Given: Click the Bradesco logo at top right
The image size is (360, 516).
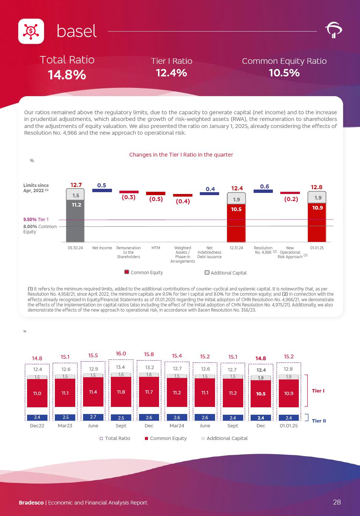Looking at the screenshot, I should pyautogui.click(x=333, y=30).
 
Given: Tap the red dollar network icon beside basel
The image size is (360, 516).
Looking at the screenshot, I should pyautogui.click(x=31, y=31).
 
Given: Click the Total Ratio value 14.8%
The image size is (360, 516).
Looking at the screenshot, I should pyautogui.click(x=67, y=75).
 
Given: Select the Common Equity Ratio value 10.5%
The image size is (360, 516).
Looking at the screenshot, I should pyautogui.click(x=284, y=73).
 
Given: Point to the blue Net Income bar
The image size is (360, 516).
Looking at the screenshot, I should pyautogui.click(x=102, y=190).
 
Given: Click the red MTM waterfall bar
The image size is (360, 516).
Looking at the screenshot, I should pyautogui.click(x=156, y=193).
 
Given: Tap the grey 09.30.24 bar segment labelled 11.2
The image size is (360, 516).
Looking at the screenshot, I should pyautogui.click(x=75, y=221).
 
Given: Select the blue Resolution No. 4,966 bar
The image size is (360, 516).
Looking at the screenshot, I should pyautogui.click(x=263, y=191).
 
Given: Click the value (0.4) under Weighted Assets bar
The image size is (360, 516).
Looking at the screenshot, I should pyautogui.click(x=182, y=201).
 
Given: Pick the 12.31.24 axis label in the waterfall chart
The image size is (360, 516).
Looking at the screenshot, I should pyautogui.click(x=236, y=248).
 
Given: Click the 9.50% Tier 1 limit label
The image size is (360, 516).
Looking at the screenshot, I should pyautogui.click(x=36, y=220).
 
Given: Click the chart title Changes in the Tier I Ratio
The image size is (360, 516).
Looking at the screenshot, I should pyautogui.click(x=181, y=155).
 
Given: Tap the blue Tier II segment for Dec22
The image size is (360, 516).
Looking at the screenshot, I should pyautogui.click(x=37, y=417).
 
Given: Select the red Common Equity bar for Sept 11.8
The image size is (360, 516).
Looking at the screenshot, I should pyautogui.click(x=121, y=392).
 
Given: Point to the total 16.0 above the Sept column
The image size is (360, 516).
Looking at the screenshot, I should pyautogui.click(x=121, y=354).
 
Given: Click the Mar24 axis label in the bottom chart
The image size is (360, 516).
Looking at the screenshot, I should pyautogui.click(x=177, y=425).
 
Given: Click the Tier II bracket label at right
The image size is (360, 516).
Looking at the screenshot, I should pyautogui.click(x=318, y=421).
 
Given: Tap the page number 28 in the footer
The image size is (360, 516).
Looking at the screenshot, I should pyautogui.click(x=337, y=502).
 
